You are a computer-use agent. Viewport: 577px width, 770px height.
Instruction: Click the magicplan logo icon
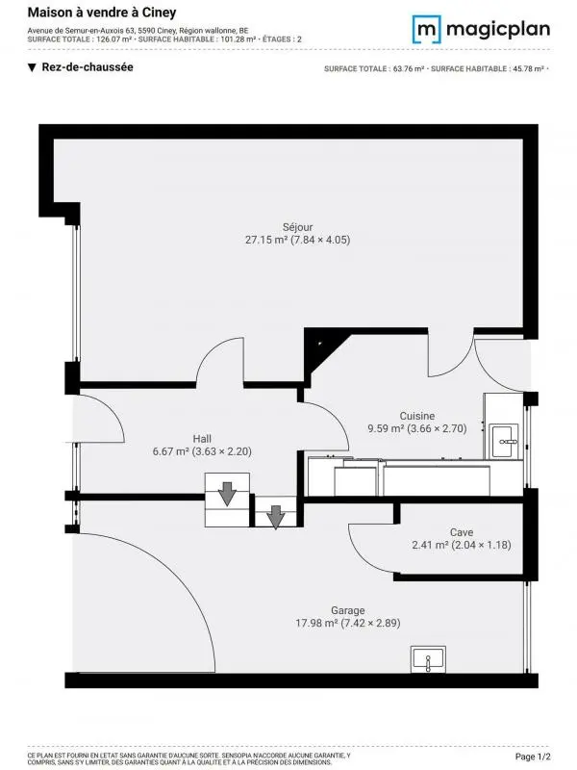point(426,29)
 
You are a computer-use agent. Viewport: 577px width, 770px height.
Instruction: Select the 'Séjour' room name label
point(297,227)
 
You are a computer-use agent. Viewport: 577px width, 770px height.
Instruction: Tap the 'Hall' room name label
point(202,437)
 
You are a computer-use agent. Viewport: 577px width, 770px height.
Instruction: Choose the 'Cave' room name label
point(461,532)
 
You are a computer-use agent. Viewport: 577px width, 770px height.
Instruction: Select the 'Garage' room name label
point(347,610)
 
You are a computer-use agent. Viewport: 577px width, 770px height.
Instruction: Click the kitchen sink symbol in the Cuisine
point(505,441)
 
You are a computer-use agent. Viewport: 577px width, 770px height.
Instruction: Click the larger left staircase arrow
point(227,496)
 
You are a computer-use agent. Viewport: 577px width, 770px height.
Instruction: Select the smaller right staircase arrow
point(276,517)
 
